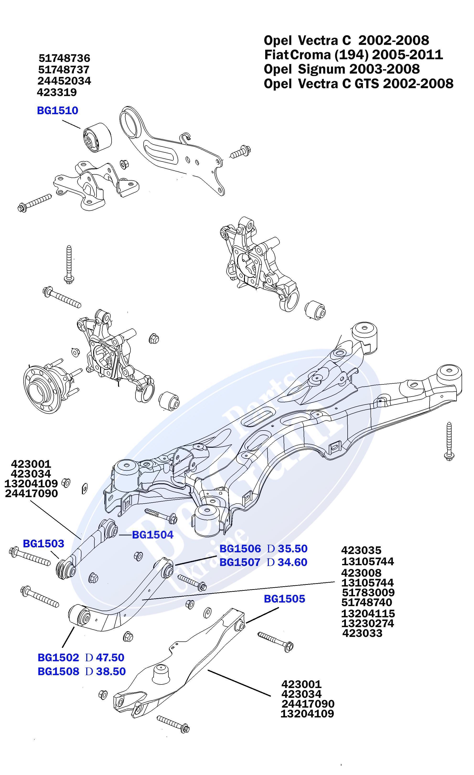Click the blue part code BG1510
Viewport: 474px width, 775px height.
[58, 110]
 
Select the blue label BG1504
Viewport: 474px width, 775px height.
[153, 534]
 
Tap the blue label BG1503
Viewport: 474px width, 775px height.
[43, 543]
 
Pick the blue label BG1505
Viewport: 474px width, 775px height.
[284, 598]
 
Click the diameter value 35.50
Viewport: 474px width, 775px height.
[292, 549]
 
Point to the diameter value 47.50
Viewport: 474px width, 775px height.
[110, 657]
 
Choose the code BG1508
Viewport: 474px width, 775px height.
[58, 671]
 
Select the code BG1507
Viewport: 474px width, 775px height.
[240, 562]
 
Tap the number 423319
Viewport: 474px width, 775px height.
[57, 92]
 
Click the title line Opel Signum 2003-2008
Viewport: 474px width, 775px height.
[342, 69]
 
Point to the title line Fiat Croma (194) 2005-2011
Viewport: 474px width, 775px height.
[353, 55]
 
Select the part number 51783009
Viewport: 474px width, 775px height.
[368, 592]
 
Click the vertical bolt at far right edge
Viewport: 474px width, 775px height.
[449, 441]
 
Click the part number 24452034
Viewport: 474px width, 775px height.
[64, 81]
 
